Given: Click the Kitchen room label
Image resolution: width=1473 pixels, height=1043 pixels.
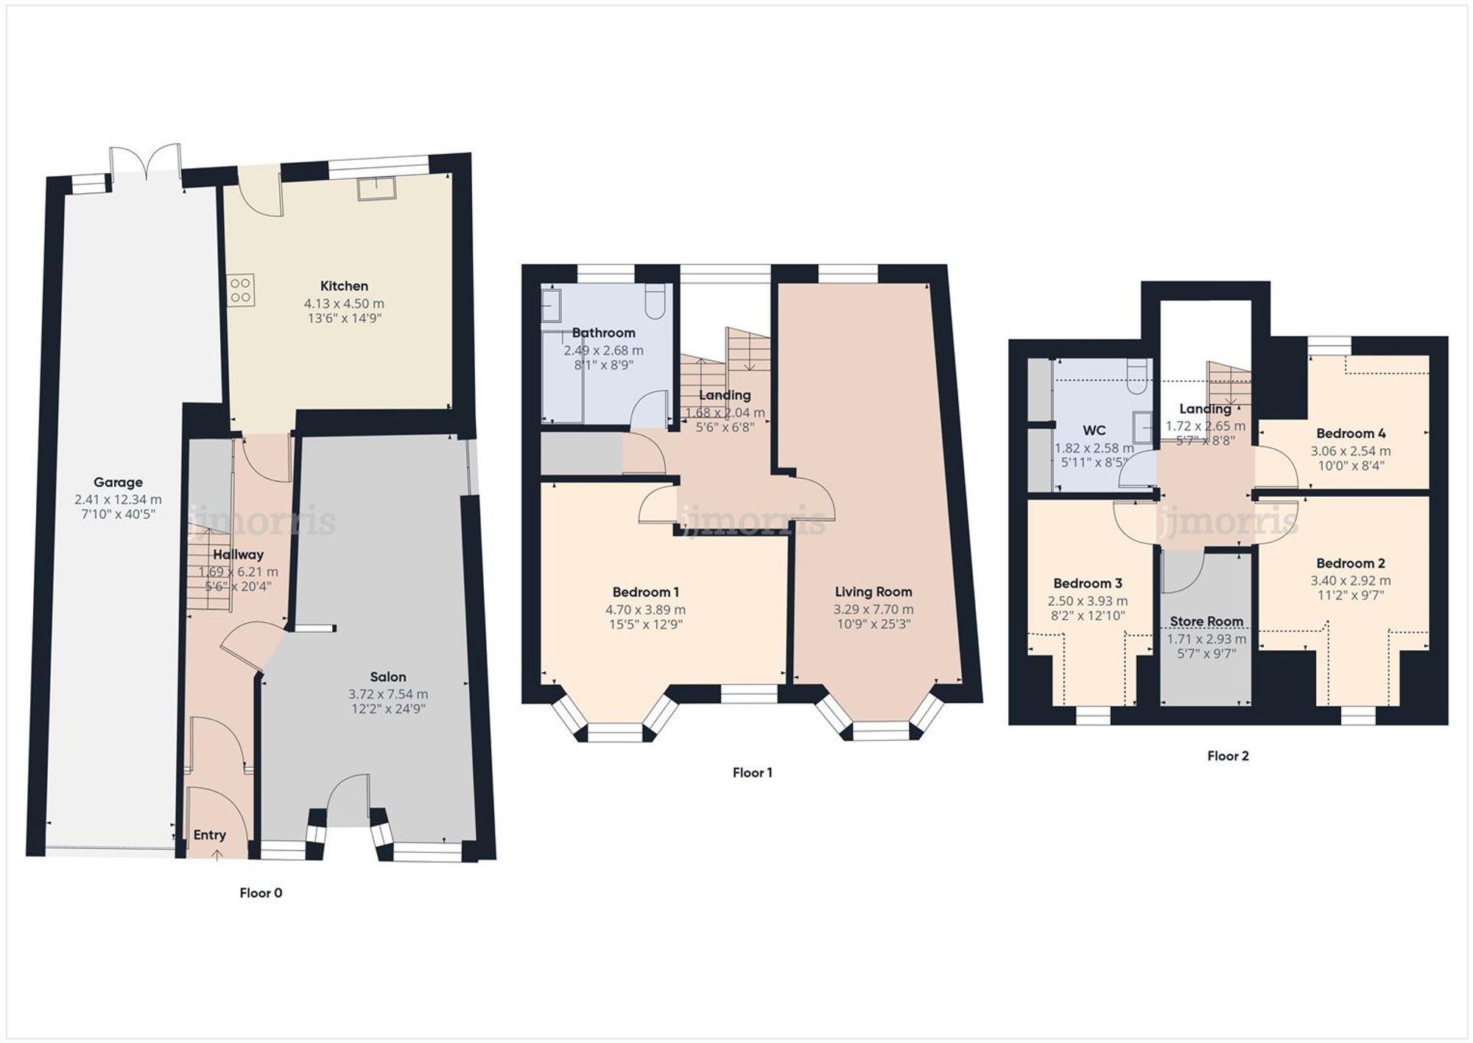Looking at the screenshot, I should click(344, 286).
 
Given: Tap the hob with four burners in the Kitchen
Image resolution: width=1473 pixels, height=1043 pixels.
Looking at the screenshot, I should click(241, 290).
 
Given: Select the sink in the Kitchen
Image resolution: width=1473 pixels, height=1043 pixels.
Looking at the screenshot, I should click(377, 189).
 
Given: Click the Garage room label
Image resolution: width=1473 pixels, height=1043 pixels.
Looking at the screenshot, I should click(118, 483).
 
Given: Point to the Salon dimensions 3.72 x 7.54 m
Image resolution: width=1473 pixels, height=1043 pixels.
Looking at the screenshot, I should click(388, 694).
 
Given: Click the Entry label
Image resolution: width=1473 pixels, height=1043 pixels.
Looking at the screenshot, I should click(209, 835).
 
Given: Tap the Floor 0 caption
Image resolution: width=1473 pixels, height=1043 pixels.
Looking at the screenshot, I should click(261, 893).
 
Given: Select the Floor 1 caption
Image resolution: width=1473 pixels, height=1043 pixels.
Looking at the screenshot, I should click(752, 772).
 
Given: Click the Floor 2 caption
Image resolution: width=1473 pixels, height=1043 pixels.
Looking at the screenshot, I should click(1228, 756).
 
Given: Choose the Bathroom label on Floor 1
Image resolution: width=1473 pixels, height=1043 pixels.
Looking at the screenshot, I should click(603, 332).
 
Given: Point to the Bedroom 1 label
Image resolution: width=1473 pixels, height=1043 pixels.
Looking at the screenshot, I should click(645, 592).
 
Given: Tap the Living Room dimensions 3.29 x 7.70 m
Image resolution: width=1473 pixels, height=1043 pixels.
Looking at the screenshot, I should click(873, 610).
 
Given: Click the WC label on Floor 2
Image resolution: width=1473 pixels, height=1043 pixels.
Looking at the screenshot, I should click(1094, 430).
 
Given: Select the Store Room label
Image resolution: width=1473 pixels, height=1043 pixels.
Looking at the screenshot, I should click(1206, 621).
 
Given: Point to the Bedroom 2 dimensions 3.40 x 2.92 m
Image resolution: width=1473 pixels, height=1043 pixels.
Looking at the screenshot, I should click(1351, 581).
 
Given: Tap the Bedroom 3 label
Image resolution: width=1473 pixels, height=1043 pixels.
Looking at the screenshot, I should click(1087, 584).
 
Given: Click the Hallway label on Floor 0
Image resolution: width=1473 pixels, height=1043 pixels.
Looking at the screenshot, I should click(238, 554).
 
